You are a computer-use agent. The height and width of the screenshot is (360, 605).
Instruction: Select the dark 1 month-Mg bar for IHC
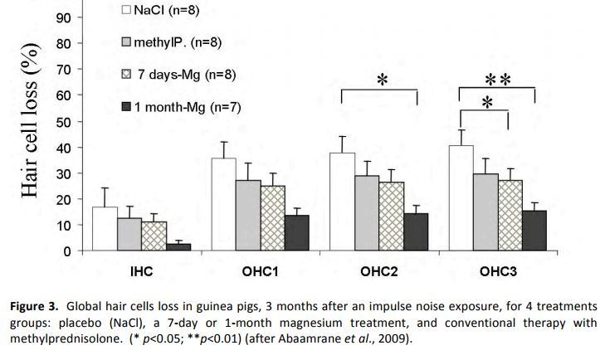coord(178,246)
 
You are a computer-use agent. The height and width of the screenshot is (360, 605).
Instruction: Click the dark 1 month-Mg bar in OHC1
coord(296,233)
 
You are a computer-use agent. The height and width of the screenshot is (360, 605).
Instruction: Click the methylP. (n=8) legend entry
coord(175,41)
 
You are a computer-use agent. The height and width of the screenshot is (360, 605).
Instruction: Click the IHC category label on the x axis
coord(140,271)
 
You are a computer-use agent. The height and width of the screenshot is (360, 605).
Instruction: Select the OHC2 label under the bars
coord(379,271)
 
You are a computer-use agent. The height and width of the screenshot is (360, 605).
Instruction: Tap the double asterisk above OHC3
coord(497,80)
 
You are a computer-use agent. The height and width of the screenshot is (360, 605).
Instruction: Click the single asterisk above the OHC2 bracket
coord(382,80)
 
